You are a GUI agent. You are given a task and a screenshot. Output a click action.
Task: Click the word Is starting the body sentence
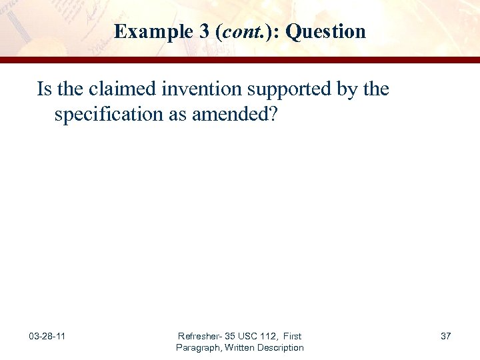43,89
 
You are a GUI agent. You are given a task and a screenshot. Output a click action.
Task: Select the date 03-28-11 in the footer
47,336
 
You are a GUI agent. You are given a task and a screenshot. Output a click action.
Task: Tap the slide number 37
445,336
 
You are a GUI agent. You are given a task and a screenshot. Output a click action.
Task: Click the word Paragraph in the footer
198,347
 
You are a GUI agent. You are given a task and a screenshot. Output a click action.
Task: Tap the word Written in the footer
240,347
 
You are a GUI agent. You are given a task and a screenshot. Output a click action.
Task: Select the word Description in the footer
281,347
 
